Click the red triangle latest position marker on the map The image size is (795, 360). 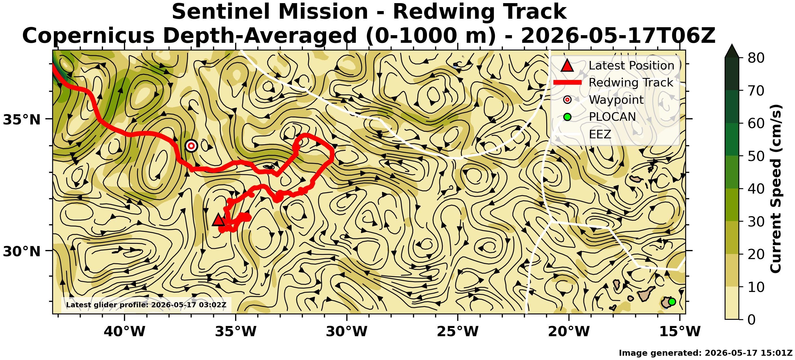tap(218, 220)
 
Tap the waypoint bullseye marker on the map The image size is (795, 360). tap(191, 146)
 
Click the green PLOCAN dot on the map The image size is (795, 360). tap(672, 302)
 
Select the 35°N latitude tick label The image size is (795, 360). tap(22, 120)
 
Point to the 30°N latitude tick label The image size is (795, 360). tap(22, 252)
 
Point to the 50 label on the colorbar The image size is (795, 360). tap(756, 156)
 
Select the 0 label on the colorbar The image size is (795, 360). tap(752, 319)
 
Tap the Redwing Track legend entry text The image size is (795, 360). tap(631, 82)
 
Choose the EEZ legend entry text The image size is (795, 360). tap(600, 134)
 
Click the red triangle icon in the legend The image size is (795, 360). tap(567, 65)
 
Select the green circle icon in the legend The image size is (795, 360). tap(567, 117)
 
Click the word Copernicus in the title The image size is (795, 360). tap(88, 35)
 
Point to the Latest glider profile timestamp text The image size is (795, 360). tap(146, 305)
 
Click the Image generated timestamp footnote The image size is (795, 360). tap(705, 353)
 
